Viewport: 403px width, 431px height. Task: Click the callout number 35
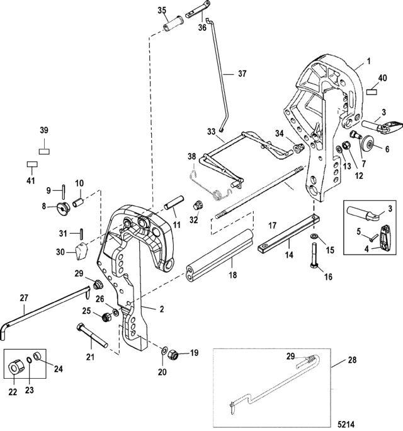tap(162, 11)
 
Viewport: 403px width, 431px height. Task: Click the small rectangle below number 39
tap(43, 151)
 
